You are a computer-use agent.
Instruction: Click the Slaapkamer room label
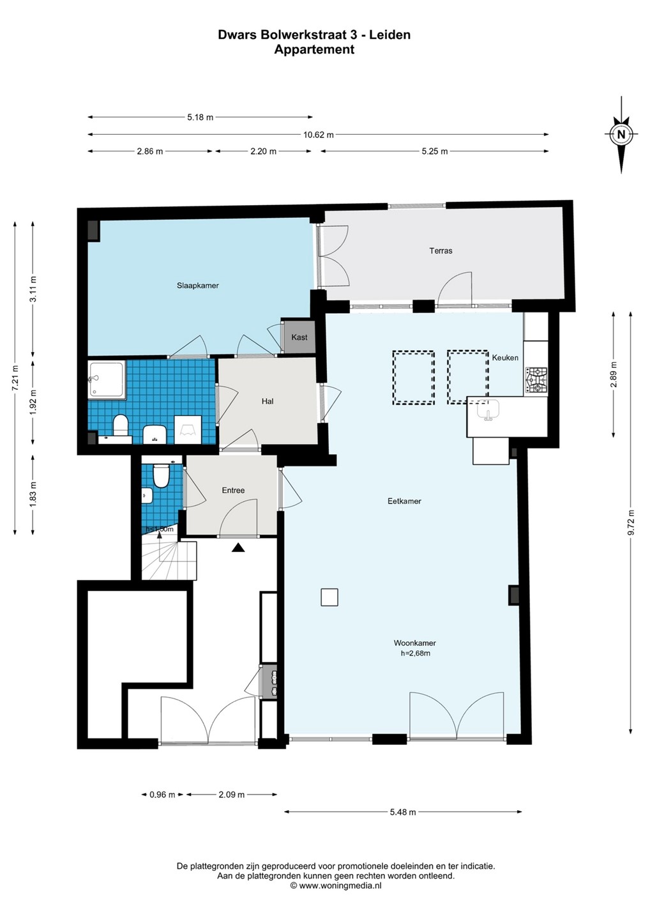[198, 286]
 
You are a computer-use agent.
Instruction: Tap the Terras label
[441, 250]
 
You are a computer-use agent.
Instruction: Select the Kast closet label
[299, 337]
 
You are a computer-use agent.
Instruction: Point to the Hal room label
[268, 401]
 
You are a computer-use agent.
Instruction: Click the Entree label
[233, 490]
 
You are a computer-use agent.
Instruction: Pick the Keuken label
[505, 358]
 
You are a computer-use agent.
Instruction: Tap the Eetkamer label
[404, 501]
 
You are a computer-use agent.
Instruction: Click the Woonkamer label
[415, 643]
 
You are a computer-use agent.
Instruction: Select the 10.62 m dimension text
[319, 135]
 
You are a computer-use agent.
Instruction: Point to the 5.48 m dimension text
[403, 812]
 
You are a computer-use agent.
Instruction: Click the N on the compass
[621, 134]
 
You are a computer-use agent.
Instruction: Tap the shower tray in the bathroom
[106, 379]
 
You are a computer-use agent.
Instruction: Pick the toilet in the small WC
[161, 475]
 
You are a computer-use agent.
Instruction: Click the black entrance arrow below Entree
[238, 548]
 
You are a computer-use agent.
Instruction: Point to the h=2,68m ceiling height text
[415, 654]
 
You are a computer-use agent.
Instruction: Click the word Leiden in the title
[390, 35]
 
